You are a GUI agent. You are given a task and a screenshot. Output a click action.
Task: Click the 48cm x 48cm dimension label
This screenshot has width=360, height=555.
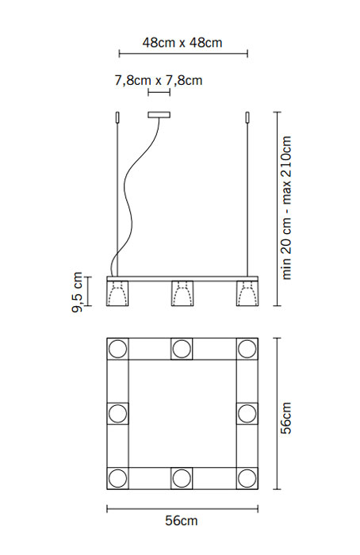(182, 43)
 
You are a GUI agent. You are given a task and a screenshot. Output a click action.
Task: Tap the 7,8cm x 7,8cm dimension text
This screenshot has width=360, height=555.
(159, 80)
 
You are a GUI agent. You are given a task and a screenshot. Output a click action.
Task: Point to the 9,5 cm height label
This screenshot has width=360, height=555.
(77, 292)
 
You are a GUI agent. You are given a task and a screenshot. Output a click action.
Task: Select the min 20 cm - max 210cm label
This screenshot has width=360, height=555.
(286, 208)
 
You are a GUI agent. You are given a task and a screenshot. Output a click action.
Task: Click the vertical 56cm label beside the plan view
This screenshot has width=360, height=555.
(286, 418)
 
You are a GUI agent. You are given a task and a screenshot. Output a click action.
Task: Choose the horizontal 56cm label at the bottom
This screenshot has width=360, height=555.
(182, 521)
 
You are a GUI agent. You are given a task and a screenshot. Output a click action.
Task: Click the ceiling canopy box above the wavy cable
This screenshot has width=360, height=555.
(159, 115)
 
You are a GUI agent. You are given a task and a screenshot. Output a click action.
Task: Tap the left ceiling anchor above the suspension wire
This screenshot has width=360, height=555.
(117, 117)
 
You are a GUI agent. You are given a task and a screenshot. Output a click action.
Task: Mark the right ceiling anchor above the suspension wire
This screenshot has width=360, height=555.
(247, 117)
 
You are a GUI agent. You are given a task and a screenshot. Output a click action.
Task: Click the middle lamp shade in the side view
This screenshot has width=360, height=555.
(182, 293)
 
